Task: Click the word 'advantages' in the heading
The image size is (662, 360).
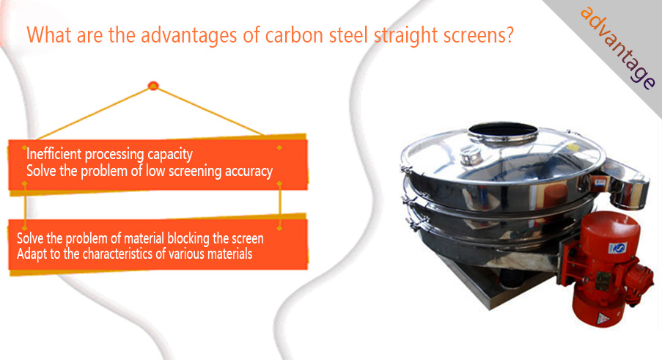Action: pyautogui.click(x=188, y=34)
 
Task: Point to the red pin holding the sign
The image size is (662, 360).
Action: pyautogui.click(x=153, y=86)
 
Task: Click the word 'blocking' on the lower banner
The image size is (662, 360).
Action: pyautogui.click(x=188, y=238)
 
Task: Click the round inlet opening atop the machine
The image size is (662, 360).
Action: pyautogui.click(x=503, y=132)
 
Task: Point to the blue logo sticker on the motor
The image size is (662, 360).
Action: pyautogui.click(x=617, y=248)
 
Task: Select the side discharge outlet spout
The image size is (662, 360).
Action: pyautogui.click(x=625, y=185)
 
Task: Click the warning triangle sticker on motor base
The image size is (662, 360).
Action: pyautogui.click(x=602, y=317)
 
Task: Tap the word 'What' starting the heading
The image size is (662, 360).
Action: pyautogui.click(x=49, y=34)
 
